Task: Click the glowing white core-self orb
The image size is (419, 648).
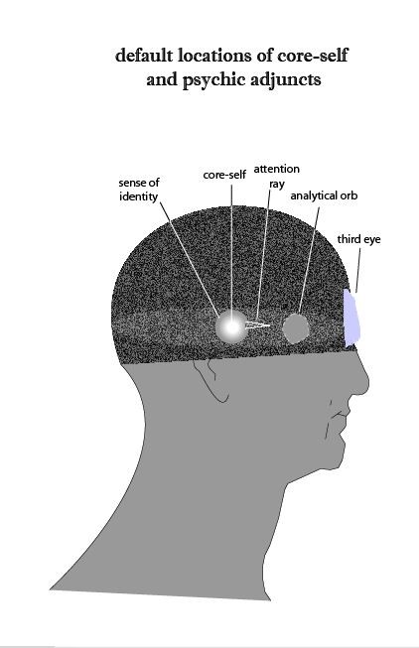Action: click(x=231, y=327)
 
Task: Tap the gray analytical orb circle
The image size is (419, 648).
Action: click(x=296, y=328)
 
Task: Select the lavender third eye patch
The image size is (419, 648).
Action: click(x=351, y=318)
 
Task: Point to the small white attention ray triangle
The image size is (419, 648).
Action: click(x=257, y=324)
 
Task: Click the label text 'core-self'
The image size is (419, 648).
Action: click(x=224, y=175)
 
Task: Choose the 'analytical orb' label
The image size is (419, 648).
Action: click(x=324, y=195)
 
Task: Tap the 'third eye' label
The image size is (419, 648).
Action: click(x=358, y=239)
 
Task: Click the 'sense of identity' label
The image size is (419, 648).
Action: click(x=139, y=189)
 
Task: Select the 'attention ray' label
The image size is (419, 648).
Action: click(x=277, y=176)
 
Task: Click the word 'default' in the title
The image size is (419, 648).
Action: click(x=144, y=55)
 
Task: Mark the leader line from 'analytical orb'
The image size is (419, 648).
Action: click(x=309, y=260)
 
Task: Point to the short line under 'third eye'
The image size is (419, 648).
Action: click(x=357, y=270)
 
